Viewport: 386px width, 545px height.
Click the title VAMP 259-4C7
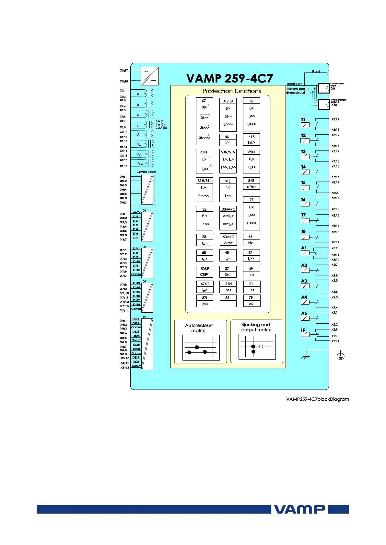click(229, 78)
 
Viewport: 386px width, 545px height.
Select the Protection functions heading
click(231, 91)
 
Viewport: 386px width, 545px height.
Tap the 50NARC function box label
click(228, 209)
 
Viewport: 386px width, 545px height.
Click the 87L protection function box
click(205, 301)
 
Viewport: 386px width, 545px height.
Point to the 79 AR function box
click(251, 301)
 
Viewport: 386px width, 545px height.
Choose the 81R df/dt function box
click(251, 184)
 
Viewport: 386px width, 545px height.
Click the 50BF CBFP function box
click(205, 272)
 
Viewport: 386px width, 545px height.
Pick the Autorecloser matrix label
click(199, 328)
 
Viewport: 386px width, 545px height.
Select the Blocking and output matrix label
click(256, 327)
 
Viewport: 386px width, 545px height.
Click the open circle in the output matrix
click(261, 346)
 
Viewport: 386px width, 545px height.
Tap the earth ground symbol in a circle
click(340, 356)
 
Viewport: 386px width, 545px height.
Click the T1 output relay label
click(303, 120)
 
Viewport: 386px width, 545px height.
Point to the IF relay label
click(303, 330)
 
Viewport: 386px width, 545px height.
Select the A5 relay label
click(304, 313)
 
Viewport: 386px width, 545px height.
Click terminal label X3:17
click(124, 70)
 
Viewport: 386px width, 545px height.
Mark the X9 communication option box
click(324, 88)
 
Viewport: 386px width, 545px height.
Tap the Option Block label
click(146, 172)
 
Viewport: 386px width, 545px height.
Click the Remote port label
click(296, 89)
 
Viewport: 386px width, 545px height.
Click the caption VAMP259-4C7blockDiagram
click(317, 399)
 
